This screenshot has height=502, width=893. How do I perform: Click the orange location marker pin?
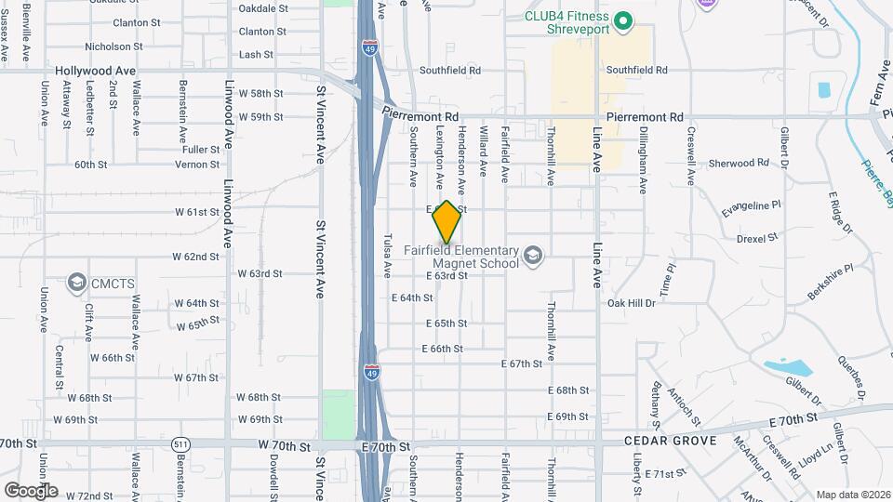[x=446, y=222]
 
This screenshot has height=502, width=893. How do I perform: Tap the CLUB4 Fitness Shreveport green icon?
[x=625, y=20]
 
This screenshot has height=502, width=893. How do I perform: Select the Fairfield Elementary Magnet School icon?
[x=532, y=256]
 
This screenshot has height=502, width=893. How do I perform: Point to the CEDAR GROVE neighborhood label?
[x=670, y=441]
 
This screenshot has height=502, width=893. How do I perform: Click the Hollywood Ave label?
[x=95, y=71]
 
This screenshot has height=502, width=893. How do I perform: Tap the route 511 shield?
[x=180, y=446]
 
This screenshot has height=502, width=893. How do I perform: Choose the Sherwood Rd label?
[x=739, y=163]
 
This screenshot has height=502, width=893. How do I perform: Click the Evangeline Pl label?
[x=753, y=210]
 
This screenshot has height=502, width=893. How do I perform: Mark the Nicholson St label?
[x=113, y=46]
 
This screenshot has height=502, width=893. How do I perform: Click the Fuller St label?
[x=200, y=149]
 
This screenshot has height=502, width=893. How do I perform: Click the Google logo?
[x=30, y=491]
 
